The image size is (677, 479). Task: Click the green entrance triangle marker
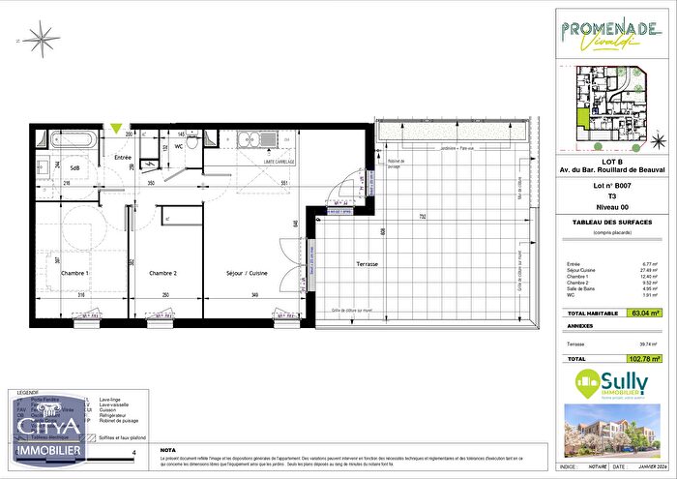(117, 128)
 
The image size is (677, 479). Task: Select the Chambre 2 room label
(162, 274)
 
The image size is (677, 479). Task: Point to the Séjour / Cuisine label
(248, 274)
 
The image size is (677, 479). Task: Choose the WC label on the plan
(180, 146)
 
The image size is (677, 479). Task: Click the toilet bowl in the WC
(194, 142)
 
